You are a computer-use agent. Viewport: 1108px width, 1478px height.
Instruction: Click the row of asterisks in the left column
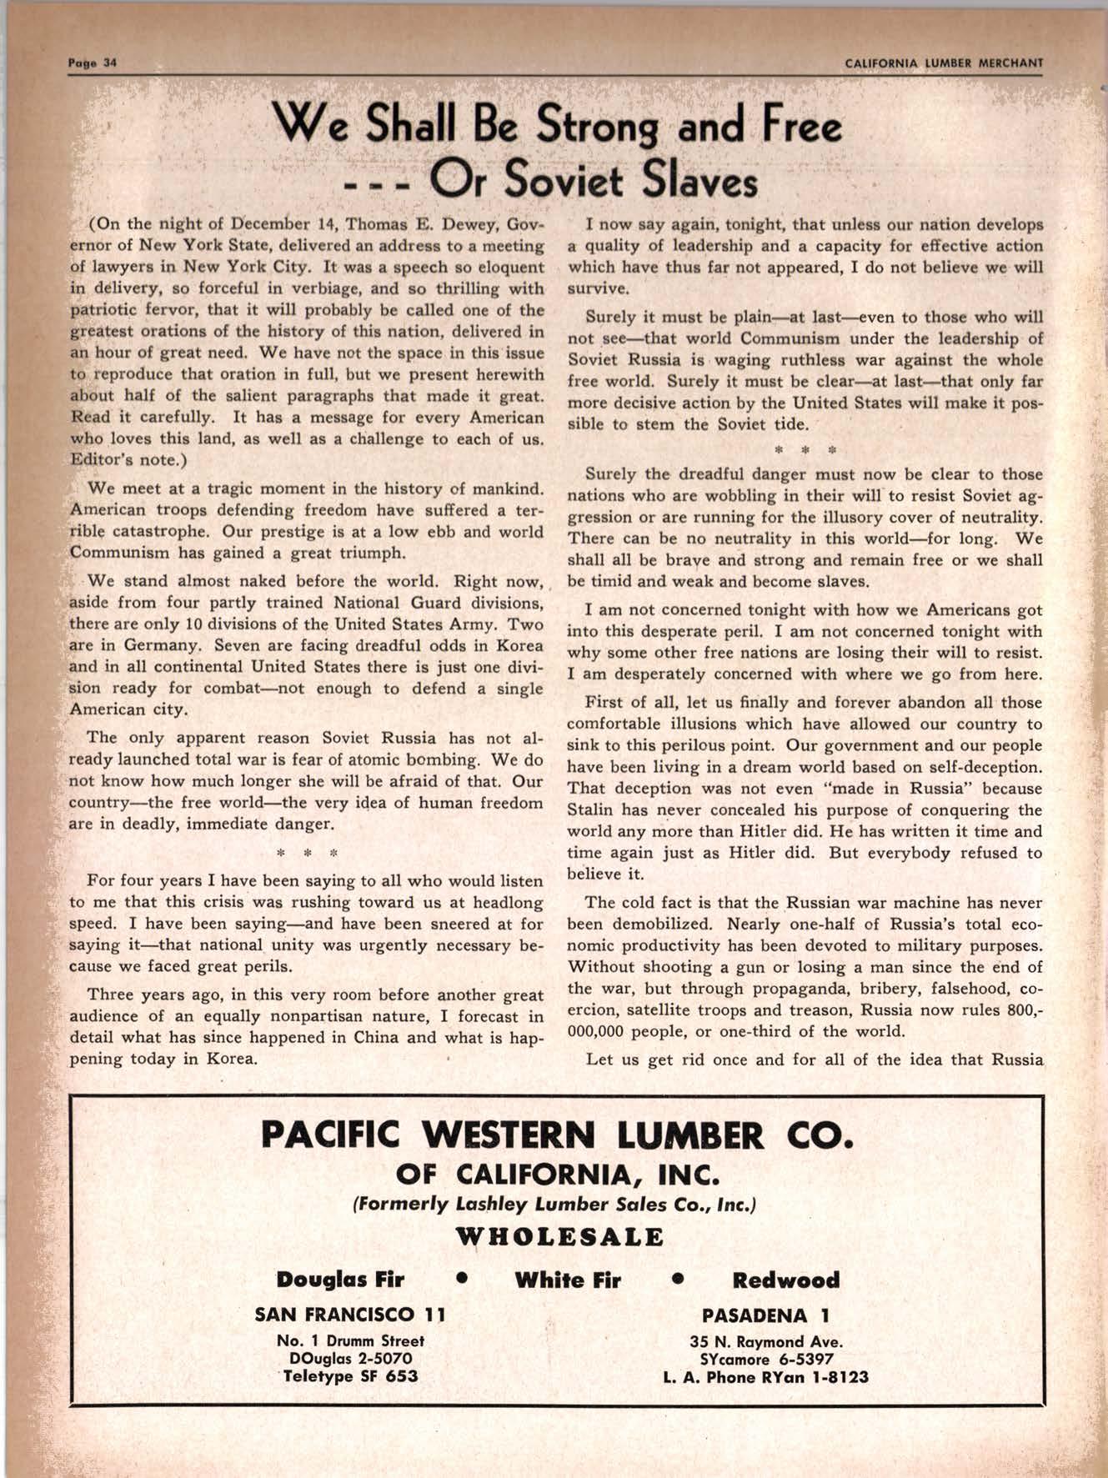(x=306, y=854)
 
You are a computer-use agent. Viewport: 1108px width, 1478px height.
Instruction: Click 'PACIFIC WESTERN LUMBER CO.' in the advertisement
(x=558, y=1135)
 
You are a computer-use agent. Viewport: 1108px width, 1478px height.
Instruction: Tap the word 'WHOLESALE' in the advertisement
(x=559, y=1236)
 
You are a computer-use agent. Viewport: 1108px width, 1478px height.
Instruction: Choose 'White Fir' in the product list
(x=568, y=1280)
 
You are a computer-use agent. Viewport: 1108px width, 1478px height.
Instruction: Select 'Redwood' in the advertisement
(x=785, y=1280)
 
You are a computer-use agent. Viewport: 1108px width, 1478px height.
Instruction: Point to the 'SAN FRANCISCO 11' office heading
(x=350, y=1315)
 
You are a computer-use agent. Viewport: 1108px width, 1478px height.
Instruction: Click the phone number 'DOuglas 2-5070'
(x=350, y=1359)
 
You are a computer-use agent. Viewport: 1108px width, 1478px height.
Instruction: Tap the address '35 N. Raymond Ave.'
(x=765, y=1342)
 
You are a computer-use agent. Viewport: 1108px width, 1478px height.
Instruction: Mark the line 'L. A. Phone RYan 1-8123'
(x=765, y=1377)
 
